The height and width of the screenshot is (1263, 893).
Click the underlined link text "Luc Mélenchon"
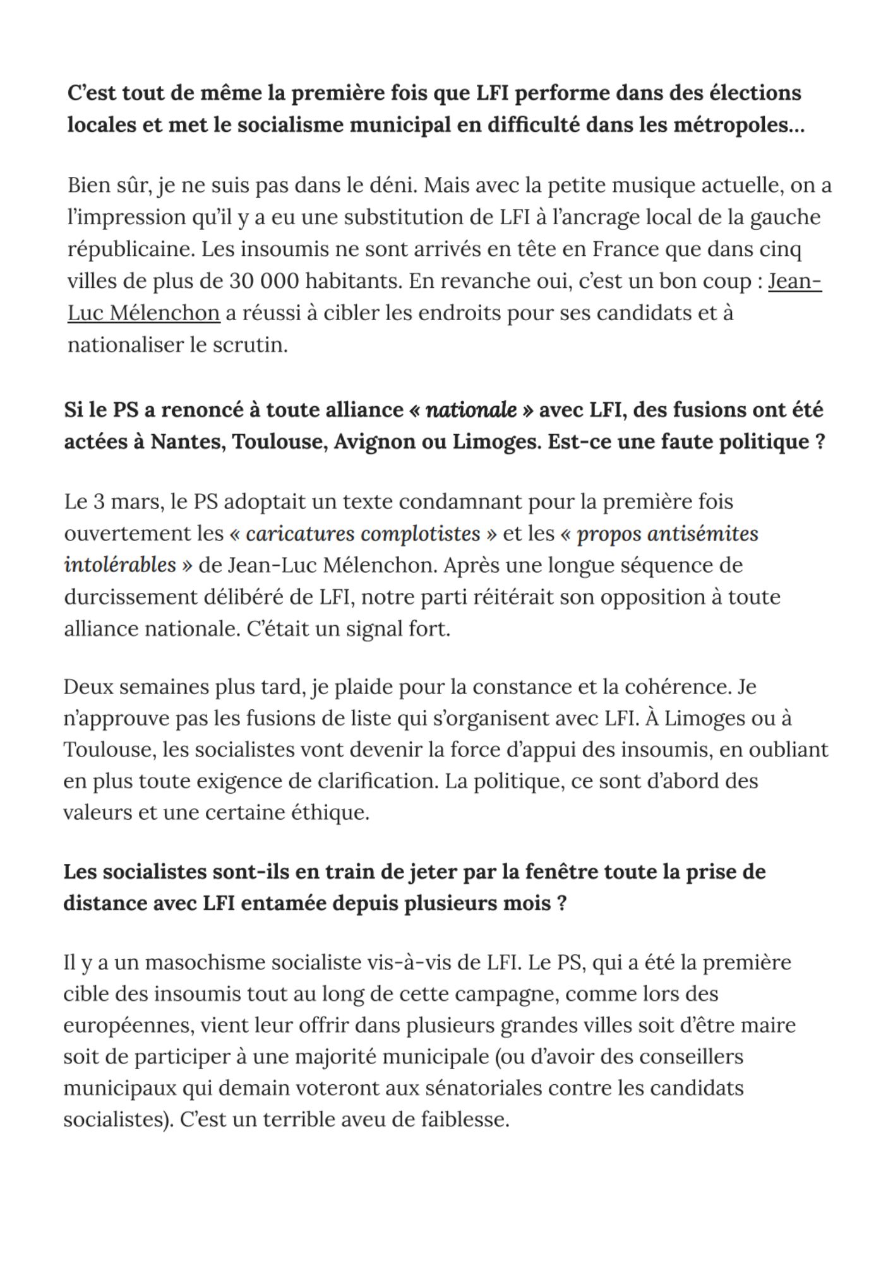tap(143, 313)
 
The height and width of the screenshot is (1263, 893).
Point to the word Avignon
tap(373, 441)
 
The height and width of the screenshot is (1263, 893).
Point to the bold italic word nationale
tap(471, 410)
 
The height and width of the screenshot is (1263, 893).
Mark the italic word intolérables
tap(120, 565)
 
